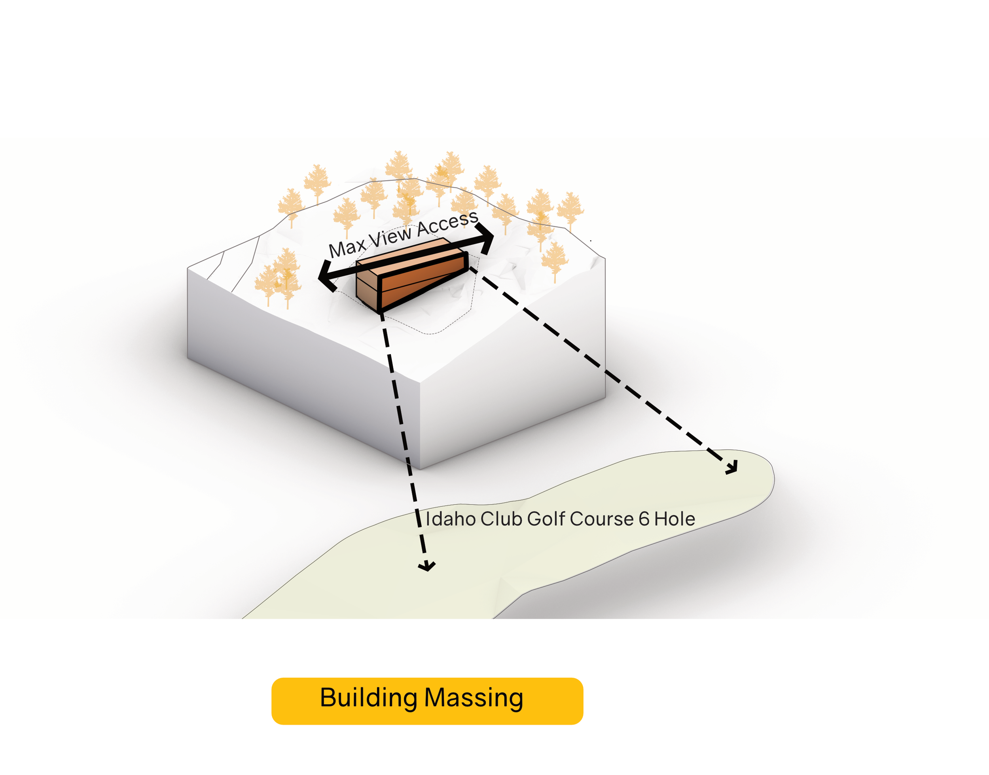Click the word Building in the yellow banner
(368, 697)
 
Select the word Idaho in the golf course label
(451, 519)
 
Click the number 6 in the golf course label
(644, 519)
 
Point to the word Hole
(674, 519)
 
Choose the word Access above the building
(447, 223)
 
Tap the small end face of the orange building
(367, 287)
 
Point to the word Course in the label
(602, 519)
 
